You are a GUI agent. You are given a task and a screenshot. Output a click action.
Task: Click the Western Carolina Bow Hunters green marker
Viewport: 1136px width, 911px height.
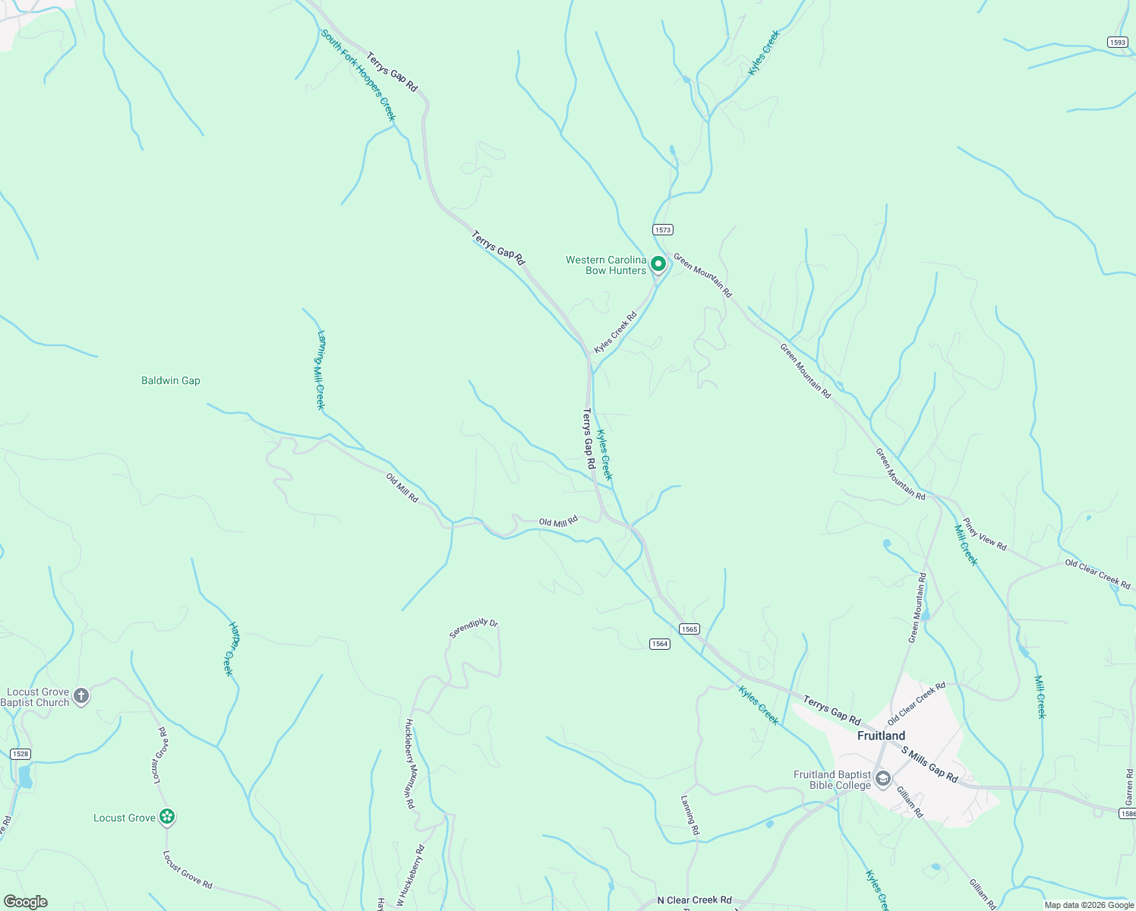coord(658,264)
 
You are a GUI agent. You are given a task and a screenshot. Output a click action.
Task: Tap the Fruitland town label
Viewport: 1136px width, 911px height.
coord(881,736)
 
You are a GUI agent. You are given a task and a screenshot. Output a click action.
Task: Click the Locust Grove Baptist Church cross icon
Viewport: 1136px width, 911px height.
coord(81,695)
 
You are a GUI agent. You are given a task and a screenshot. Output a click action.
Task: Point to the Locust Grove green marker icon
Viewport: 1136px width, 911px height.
coord(167,817)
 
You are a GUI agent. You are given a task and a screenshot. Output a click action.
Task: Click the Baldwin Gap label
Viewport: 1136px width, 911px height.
coord(171,380)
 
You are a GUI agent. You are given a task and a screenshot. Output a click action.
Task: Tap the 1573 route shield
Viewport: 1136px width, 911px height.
coord(663,229)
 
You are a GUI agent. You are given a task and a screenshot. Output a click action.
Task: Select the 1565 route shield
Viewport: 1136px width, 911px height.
coord(689,629)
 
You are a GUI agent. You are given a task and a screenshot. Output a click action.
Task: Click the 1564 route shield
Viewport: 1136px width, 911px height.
coord(660,644)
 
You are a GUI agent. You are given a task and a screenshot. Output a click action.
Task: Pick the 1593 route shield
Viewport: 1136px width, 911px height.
coord(1117,43)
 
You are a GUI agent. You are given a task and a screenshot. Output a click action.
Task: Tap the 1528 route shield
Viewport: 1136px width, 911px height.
coord(21,754)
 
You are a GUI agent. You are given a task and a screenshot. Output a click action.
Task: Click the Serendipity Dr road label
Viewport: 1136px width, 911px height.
coord(473,628)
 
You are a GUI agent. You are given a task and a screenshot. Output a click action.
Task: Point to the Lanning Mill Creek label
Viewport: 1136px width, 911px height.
coord(320,370)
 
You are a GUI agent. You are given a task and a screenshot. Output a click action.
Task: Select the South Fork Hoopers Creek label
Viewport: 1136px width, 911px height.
coord(358,75)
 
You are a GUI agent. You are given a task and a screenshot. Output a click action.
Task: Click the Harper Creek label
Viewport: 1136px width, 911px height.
coord(231,648)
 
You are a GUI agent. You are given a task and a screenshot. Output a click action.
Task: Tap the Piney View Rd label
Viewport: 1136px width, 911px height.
coord(985,534)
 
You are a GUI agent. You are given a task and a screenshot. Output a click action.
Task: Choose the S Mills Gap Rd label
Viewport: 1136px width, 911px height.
coord(930,764)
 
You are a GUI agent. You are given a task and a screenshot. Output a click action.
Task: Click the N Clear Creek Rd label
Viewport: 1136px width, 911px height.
coord(694,900)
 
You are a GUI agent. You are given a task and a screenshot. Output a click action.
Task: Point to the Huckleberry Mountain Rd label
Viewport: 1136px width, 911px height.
coord(409,763)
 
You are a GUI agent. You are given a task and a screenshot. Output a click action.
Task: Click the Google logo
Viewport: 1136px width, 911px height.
coord(26,902)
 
